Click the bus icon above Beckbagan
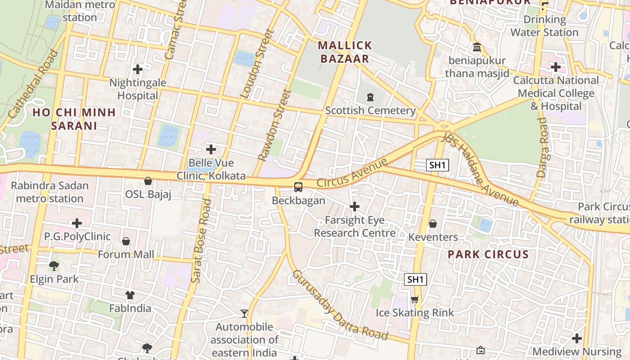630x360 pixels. (298, 187)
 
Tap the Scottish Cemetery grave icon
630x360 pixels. (370, 97)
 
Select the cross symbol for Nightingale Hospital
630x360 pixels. (138, 69)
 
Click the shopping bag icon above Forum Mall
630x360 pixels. (126, 241)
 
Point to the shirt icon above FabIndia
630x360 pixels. (130, 295)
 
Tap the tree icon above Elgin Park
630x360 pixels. (54, 265)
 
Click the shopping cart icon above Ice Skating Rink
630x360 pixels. (415, 299)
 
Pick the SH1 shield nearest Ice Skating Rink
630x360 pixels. (415, 279)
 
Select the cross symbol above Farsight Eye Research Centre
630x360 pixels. (355, 207)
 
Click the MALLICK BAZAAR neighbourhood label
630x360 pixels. (345, 52)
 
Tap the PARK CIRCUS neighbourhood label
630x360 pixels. (488, 254)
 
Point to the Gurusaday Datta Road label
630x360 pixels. (340, 305)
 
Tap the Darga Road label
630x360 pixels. (542, 147)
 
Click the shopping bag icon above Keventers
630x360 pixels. (433, 224)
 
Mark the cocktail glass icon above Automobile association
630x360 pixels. (244, 313)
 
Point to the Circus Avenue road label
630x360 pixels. (352, 173)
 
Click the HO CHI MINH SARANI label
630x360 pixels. (74, 119)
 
